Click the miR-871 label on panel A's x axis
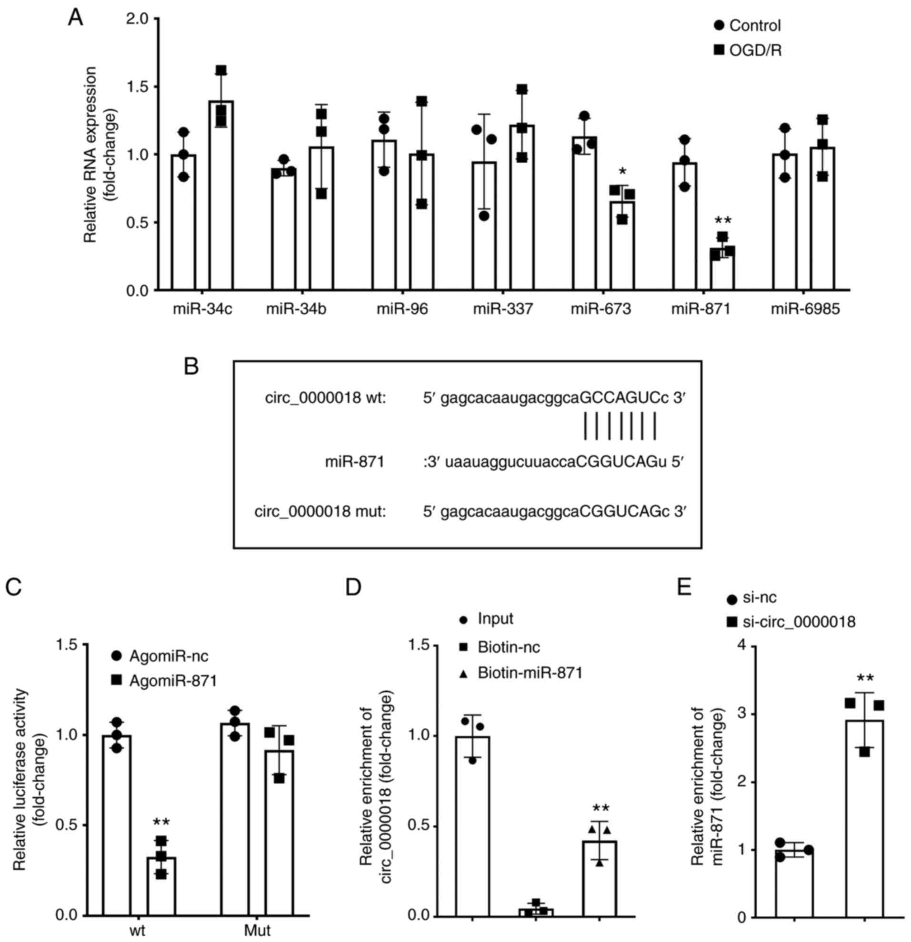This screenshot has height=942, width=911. (x=701, y=308)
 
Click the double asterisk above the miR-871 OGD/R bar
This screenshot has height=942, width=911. (x=722, y=220)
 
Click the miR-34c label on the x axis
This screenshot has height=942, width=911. (x=202, y=308)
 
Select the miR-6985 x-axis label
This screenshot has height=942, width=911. (x=805, y=308)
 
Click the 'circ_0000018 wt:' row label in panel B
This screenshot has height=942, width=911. (x=325, y=398)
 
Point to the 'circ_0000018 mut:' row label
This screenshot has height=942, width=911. (x=320, y=512)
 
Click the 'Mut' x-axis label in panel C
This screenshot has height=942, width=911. (x=257, y=930)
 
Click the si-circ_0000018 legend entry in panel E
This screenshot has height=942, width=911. (x=791, y=623)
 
